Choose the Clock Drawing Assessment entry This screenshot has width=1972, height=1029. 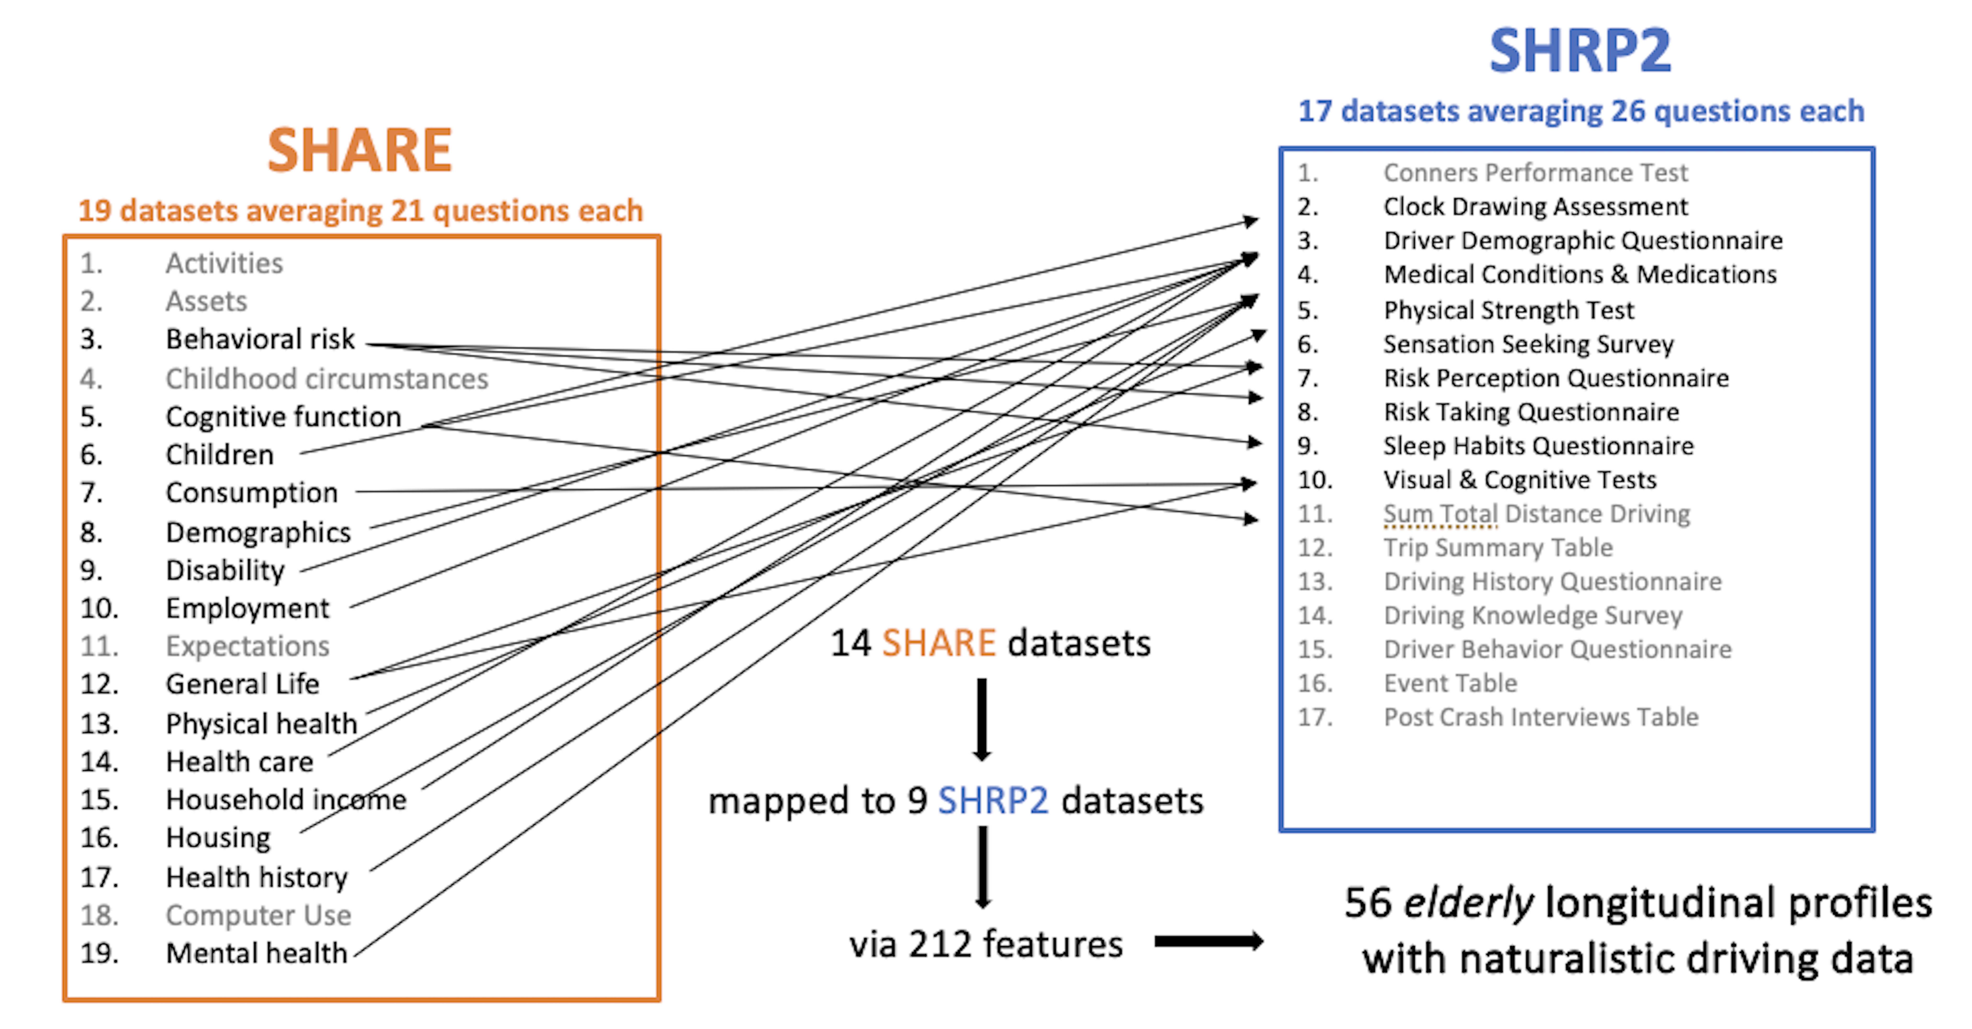pyautogui.click(x=1535, y=207)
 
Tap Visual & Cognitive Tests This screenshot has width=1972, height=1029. pyautogui.click(x=1520, y=480)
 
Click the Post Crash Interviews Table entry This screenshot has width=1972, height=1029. pyautogui.click(x=1540, y=717)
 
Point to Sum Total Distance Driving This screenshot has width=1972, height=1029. pyautogui.click(x=1536, y=514)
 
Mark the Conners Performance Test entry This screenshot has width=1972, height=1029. pyautogui.click(x=1535, y=173)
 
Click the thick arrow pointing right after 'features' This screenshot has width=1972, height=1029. pyautogui.click(x=1208, y=942)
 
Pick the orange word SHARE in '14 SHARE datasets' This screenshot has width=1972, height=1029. pyautogui.click(x=939, y=643)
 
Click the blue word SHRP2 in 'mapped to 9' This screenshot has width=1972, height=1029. pyautogui.click(x=993, y=801)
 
